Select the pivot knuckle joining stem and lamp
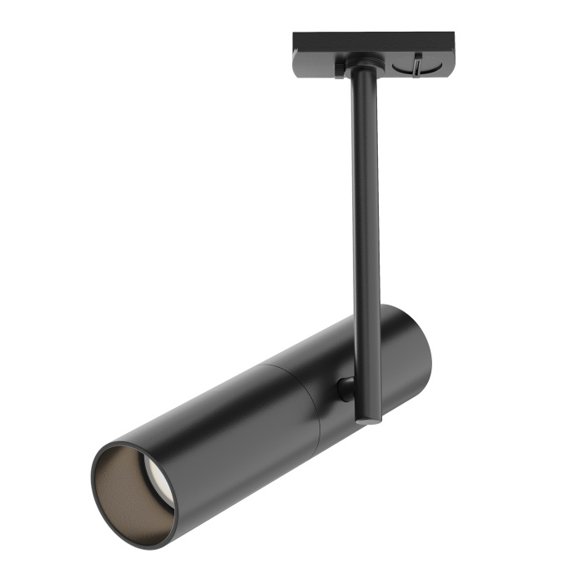pyautogui.click(x=344, y=388)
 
